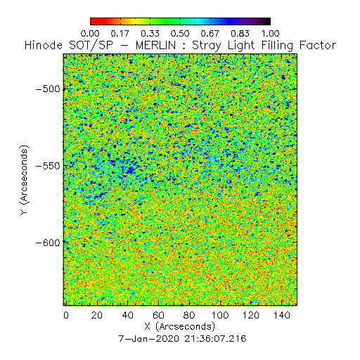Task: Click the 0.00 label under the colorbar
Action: pos(90,34)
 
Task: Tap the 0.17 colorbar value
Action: pos(120,34)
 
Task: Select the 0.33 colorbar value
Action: pos(150,34)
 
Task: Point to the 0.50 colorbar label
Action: pos(180,34)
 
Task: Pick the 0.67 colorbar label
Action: pos(210,34)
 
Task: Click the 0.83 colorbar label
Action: pos(240,34)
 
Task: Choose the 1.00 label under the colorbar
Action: pos(271,34)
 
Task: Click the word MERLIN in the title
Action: pos(155,45)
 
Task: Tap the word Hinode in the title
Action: pos(44,45)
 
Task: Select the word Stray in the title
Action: pos(207,46)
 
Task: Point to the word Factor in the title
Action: pos(318,45)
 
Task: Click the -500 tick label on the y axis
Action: pos(48,89)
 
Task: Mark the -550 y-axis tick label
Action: pos(48,166)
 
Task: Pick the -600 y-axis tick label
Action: pos(48,243)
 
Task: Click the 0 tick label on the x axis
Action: pos(66,315)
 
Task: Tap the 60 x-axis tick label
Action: pos(158,315)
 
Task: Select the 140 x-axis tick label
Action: pos(282,315)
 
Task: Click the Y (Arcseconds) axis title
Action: pos(24,180)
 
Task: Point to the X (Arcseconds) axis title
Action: pos(180,327)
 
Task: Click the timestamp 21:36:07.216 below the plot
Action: pos(215,339)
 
